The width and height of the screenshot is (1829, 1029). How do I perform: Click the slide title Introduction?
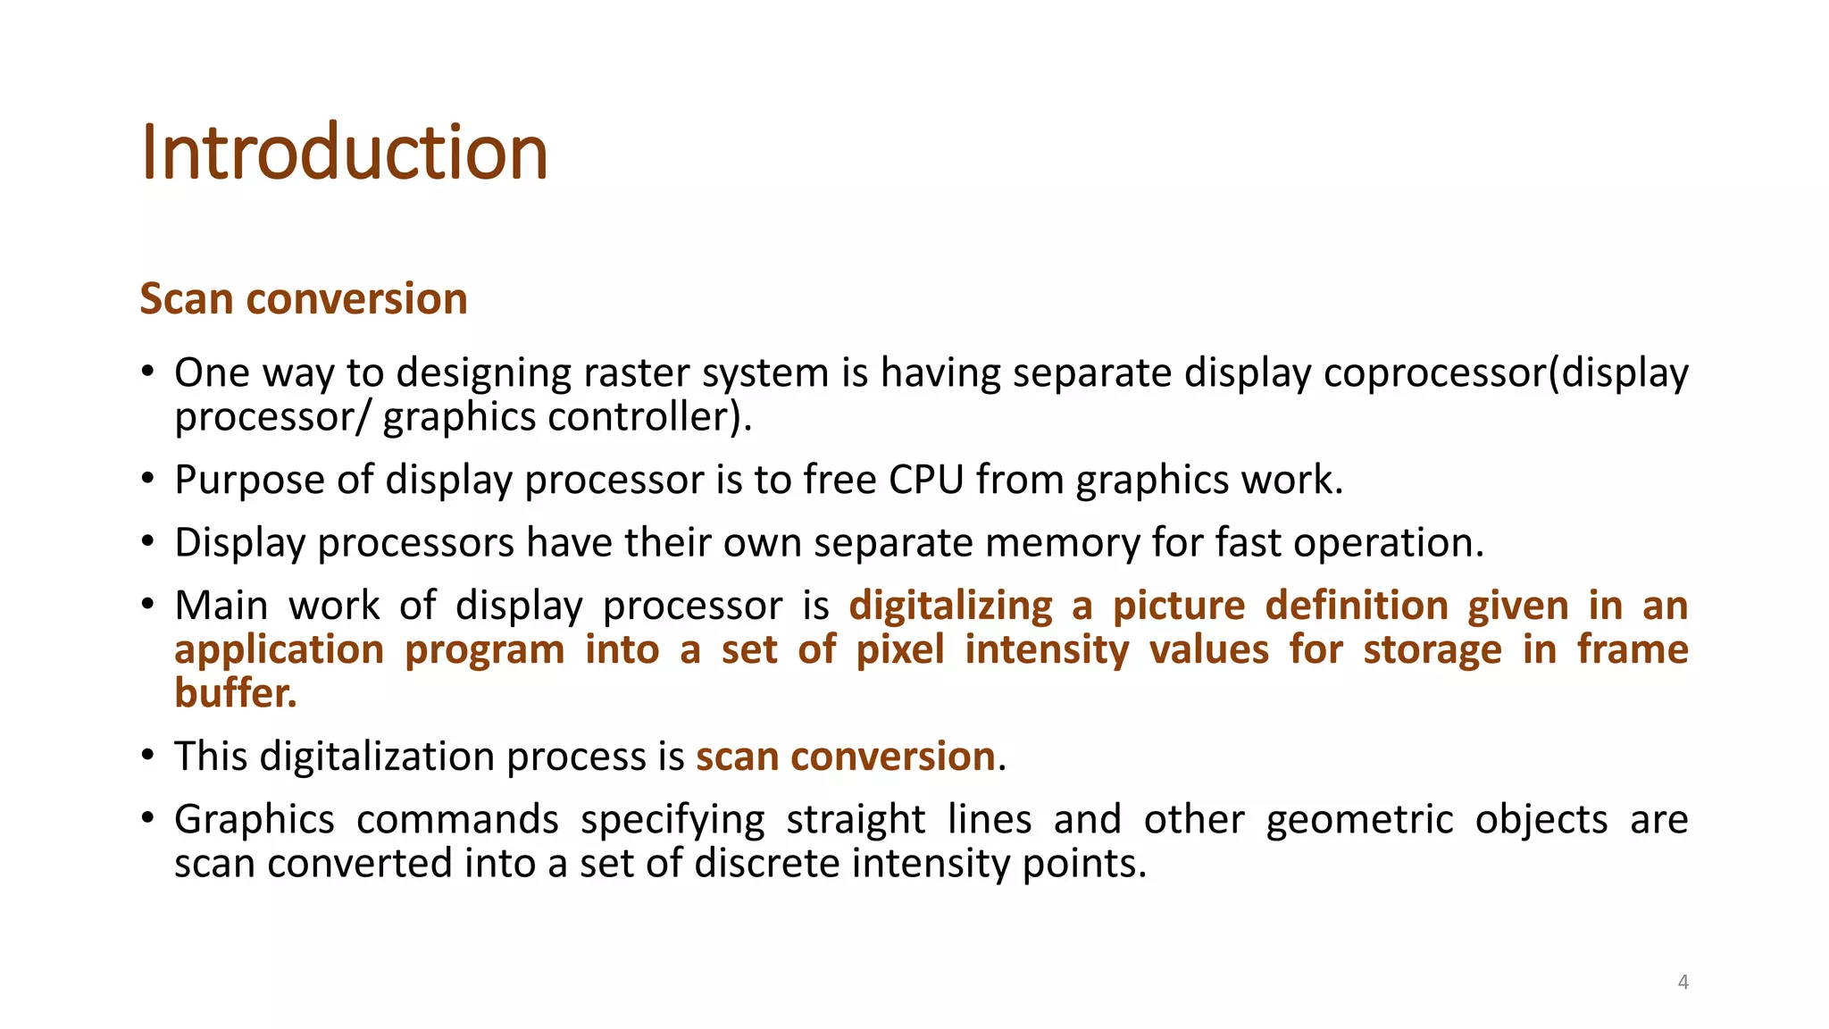click(344, 153)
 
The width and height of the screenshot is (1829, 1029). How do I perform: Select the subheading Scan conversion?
click(304, 298)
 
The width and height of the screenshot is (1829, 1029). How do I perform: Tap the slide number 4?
click(1683, 983)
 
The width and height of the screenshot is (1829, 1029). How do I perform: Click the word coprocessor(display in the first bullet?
click(1506, 373)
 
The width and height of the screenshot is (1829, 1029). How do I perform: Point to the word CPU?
click(926, 480)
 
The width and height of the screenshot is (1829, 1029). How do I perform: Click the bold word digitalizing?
click(950, 606)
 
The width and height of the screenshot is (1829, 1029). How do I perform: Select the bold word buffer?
click(235, 693)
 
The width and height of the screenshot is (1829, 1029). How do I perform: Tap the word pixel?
click(899, 649)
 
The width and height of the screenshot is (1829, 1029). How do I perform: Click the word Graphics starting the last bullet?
click(255, 819)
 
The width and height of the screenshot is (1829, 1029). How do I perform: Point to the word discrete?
click(767, 863)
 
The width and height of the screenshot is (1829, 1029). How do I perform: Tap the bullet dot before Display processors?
click(148, 542)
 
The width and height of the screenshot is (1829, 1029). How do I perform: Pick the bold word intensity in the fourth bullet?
click(1047, 649)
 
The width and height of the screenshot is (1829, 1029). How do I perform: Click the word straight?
click(856, 819)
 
